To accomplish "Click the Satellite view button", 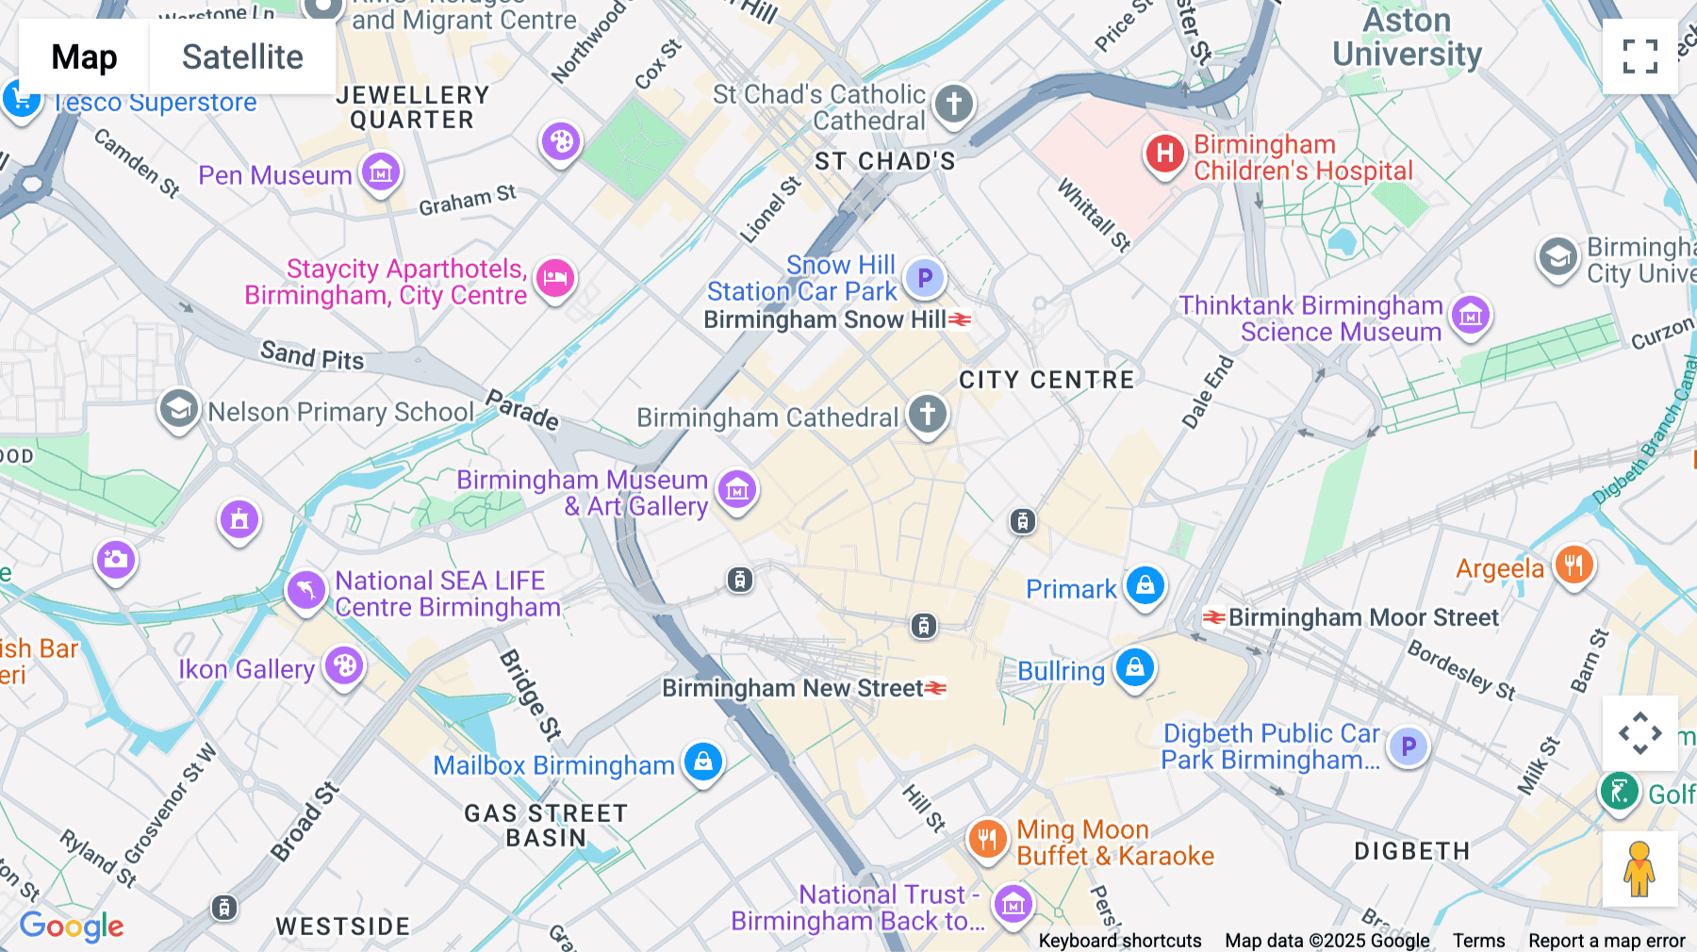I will point(242,57).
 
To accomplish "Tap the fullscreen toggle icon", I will point(1639,57).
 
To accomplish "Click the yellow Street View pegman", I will point(1639,869).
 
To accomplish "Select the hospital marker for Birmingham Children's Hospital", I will point(1164,154).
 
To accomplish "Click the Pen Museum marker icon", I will point(381,172).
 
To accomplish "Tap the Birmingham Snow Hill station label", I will point(825,320).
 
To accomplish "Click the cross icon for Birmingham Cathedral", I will point(928,414).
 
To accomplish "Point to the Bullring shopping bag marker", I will point(1135,667).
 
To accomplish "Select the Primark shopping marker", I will point(1145,585).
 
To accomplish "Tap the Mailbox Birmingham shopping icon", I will point(703,762).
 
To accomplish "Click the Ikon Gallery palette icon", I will point(344,666).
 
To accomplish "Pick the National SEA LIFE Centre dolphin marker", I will point(305,591).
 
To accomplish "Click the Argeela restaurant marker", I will point(1573,566).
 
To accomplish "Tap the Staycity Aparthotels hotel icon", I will point(555,279).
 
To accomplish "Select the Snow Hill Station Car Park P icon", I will point(924,278).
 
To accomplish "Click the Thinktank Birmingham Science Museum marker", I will point(1471,316).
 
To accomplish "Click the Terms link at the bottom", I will point(1478,941).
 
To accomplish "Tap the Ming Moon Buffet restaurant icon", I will point(987,838).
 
